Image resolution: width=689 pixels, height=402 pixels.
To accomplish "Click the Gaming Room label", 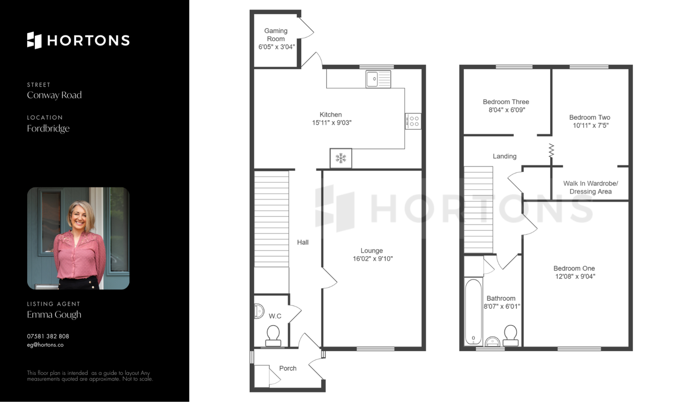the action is tap(276, 35).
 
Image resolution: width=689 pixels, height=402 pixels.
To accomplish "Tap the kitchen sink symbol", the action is tap(378, 79).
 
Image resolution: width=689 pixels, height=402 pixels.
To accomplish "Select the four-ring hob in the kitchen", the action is tap(413, 121).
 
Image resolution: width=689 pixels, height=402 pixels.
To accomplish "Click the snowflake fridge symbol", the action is tap(341, 158).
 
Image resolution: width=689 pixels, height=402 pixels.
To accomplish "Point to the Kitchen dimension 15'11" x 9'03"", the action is tap(332, 123).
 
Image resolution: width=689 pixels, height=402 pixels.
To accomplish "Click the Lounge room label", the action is tap(372, 251).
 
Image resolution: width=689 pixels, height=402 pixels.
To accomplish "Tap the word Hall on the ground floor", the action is tap(303, 242).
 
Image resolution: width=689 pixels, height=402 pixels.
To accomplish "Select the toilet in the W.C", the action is tap(273, 336).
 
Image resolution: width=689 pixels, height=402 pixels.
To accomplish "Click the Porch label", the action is tap(288, 369).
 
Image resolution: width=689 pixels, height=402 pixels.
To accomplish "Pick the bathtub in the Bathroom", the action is tap(473, 312).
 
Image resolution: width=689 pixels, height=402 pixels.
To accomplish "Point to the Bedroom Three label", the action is tap(506, 102).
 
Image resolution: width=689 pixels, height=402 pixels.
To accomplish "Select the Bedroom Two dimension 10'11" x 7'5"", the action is tap(591, 125).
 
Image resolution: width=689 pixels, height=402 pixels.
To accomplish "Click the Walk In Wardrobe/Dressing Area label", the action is tap(591, 188).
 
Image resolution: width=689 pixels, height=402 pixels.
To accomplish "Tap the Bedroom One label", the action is tap(574, 268).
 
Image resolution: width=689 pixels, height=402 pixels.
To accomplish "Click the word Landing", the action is tap(505, 156).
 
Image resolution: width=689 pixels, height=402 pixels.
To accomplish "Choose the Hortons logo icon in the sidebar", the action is tap(34, 40).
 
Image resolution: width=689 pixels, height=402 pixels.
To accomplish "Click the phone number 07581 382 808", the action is tap(48, 336).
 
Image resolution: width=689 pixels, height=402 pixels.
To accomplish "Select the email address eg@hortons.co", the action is tap(45, 345).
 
